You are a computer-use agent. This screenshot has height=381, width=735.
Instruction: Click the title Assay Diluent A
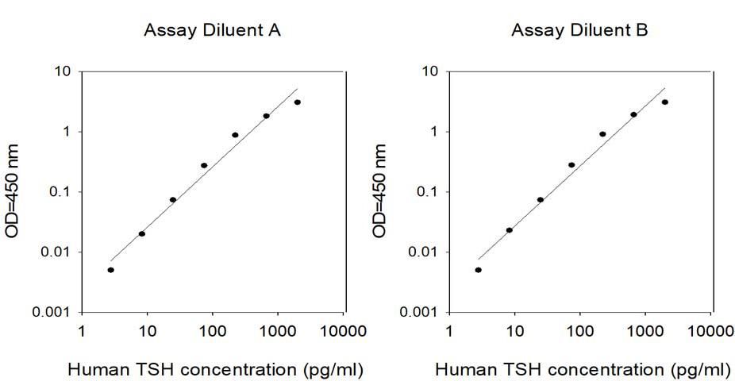(213, 31)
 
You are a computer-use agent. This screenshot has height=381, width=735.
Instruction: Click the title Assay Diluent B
(579, 31)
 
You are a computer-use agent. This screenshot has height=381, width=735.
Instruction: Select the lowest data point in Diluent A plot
(110, 270)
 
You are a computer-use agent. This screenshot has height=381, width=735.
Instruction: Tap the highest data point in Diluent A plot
(297, 102)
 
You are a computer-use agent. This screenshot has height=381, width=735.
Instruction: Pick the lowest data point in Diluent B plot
(478, 270)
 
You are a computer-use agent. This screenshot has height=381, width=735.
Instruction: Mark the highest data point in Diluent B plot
(664, 102)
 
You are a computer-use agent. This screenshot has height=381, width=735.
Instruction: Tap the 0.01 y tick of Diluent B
(423, 252)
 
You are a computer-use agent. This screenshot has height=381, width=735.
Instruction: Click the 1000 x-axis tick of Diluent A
(277, 331)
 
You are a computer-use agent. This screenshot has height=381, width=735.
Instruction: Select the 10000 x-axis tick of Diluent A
(343, 331)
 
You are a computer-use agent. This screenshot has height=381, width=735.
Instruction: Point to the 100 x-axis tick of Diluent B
(580, 331)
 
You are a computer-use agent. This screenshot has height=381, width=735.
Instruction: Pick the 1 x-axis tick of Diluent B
(449, 331)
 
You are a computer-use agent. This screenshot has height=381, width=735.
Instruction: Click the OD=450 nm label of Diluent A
(13, 191)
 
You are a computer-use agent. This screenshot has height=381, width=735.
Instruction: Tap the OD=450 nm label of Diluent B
(380, 191)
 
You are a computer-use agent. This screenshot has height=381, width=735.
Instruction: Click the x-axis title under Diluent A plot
(216, 370)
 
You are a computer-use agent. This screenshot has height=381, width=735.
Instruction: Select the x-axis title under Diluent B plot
(583, 370)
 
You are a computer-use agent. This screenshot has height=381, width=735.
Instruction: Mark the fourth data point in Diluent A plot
(204, 165)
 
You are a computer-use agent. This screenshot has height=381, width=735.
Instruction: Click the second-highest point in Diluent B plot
(633, 114)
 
